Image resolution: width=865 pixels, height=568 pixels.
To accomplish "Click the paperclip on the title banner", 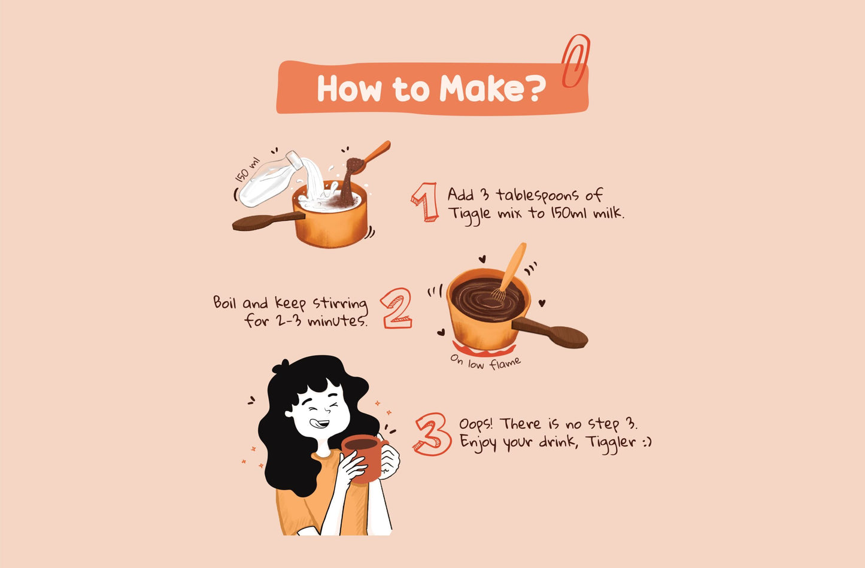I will [x=575, y=60].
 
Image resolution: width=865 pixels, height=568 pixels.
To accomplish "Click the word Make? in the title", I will [x=492, y=89].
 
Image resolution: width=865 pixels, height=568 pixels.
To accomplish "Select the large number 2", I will [x=397, y=308].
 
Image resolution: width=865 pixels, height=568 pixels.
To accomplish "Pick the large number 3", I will [x=432, y=434].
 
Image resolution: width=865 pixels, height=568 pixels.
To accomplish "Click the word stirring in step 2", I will [x=340, y=303].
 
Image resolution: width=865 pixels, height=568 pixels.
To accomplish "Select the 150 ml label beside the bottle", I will [x=247, y=169].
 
